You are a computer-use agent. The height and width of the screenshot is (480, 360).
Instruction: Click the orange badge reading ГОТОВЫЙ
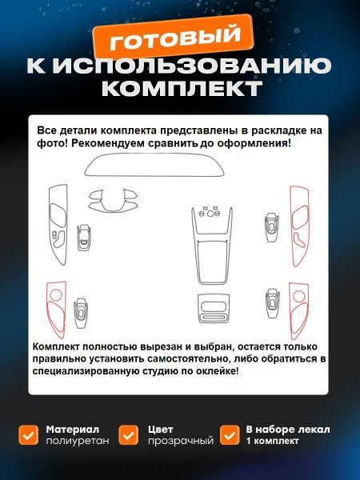coord(174,36)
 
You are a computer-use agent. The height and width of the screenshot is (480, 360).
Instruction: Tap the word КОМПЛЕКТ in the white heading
coord(182,89)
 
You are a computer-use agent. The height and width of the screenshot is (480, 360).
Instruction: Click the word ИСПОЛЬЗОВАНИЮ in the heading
coord(192,66)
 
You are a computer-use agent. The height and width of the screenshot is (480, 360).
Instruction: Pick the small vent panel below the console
coord(214,309)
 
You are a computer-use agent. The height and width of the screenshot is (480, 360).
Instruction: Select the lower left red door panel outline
coord(48,309)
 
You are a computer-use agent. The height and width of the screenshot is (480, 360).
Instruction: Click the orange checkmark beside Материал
coord(29,435)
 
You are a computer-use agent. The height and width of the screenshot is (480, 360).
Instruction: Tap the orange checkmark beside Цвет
coord(129,435)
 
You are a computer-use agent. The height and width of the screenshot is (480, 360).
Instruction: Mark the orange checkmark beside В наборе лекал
coord(230,435)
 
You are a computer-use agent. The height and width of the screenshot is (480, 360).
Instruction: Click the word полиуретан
coord(78,441)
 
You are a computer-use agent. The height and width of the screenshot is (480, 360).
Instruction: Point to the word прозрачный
coord(181,441)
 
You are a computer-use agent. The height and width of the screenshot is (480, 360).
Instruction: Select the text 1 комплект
coord(272,441)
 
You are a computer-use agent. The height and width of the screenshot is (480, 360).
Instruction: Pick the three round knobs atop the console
coord(210,213)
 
